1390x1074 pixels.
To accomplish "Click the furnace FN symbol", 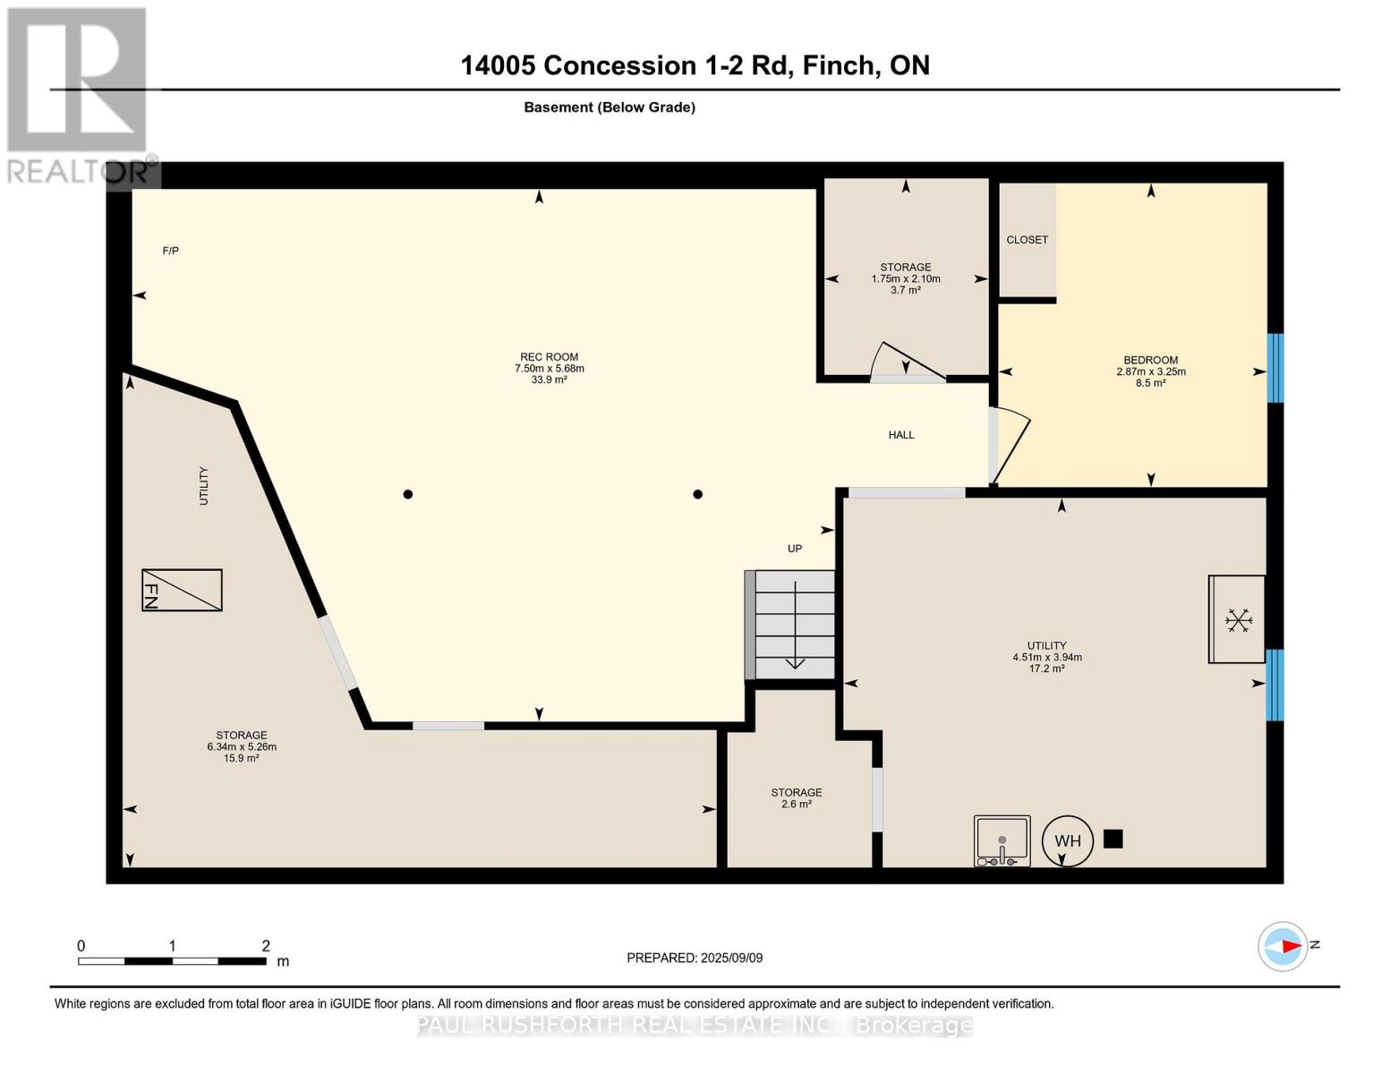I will [x=182, y=591].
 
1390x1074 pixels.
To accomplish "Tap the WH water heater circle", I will [x=1067, y=840].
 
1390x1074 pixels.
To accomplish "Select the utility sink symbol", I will [x=1002, y=841].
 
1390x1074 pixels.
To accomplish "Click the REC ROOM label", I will [x=549, y=357].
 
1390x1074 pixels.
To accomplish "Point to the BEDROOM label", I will [x=1150, y=361].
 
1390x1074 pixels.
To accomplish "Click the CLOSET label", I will [x=1027, y=240].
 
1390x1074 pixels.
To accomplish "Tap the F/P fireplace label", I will [x=170, y=251].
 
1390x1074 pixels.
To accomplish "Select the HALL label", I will [x=900, y=435].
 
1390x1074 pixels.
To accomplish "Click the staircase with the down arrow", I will [x=794, y=625].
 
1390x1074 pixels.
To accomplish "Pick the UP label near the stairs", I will [x=794, y=549].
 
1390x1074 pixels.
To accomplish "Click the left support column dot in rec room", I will [x=408, y=494].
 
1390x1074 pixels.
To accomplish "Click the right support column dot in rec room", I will [x=697, y=494].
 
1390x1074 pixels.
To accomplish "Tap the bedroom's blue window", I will [x=1275, y=368].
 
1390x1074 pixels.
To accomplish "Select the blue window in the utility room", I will [x=1275, y=685].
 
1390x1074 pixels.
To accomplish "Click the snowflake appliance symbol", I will [x=1238, y=620].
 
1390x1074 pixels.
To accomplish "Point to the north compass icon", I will [x=1283, y=946].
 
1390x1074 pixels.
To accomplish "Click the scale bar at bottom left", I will [x=172, y=961].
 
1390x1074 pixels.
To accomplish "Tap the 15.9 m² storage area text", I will [x=241, y=758].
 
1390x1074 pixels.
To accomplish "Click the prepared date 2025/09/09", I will [x=694, y=958].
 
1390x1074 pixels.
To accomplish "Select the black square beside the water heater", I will [x=1113, y=839].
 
